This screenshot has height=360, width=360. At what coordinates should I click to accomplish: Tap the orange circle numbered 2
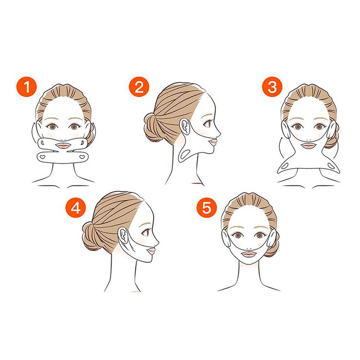click(138, 86)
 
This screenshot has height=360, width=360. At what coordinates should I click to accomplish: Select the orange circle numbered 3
click(272, 86)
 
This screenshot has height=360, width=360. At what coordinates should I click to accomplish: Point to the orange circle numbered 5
click(206, 208)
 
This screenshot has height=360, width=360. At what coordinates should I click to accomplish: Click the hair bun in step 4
click(92, 236)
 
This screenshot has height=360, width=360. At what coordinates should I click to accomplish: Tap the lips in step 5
click(249, 253)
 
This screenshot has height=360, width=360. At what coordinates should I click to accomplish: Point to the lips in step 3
click(308, 146)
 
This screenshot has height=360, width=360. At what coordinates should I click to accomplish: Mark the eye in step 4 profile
click(148, 233)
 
